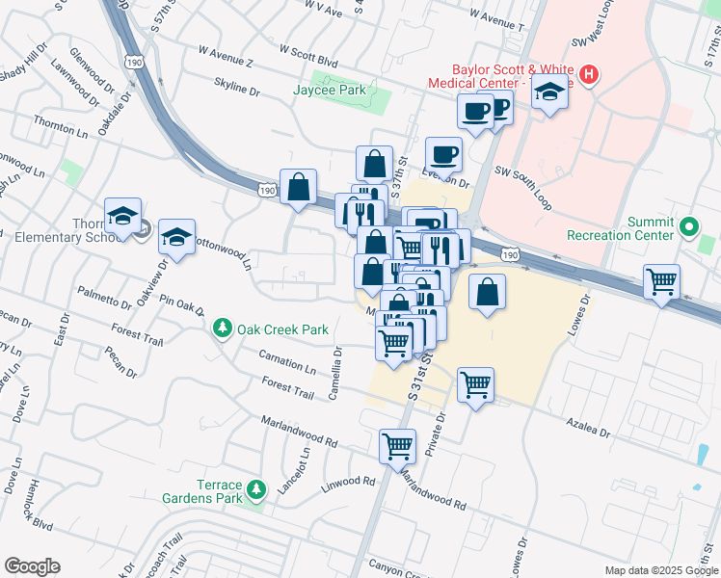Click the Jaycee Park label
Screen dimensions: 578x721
[329, 90]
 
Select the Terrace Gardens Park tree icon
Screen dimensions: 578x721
[256, 490]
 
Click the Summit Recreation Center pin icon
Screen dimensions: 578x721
[688, 228]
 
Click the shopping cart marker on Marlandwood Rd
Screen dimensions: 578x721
[397, 446]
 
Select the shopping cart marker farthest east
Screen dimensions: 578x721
[662, 282]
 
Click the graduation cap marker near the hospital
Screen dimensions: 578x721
[550, 92]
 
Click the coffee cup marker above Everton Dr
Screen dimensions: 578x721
[443, 154]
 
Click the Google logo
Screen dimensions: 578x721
[32, 566]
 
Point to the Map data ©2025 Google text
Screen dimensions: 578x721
[660, 570]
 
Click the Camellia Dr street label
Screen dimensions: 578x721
[338, 366]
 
